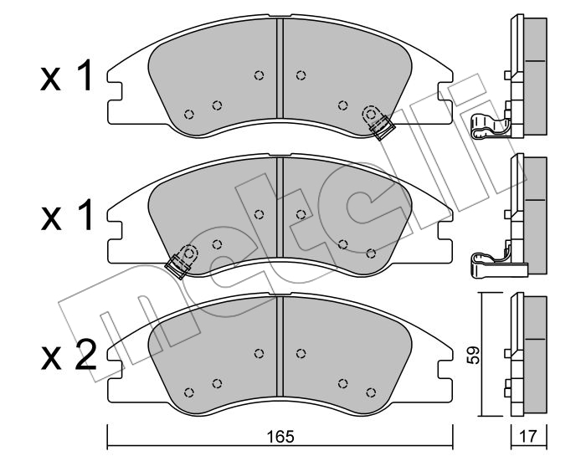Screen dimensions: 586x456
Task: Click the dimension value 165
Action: click(x=280, y=436)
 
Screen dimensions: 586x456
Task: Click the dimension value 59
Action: click(x=474, y=355)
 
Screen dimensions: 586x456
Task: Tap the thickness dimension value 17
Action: click(x=528, y=436)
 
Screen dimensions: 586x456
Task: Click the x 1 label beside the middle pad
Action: click(x=66, y=215)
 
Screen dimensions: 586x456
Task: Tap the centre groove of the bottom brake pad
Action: click(x=280, y=346)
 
